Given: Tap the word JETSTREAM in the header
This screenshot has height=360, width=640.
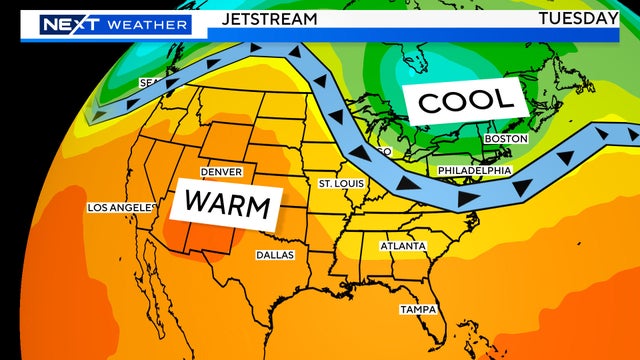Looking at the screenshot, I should point(269,19).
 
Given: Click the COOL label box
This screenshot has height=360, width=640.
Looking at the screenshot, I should point(466,100).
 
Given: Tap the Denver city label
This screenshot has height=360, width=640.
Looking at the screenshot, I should point(221,172).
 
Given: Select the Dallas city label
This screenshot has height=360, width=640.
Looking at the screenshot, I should point(275,254).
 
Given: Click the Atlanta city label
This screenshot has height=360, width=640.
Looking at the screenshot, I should point(403,246).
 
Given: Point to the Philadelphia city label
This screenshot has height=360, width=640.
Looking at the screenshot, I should point(475,171).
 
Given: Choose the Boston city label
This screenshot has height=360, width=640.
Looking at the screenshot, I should point(505,138).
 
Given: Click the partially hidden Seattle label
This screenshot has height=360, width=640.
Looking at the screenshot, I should point(150,82).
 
